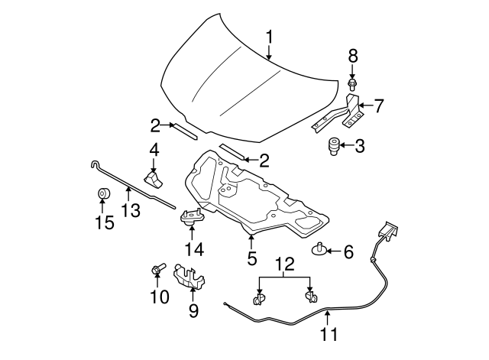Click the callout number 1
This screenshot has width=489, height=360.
(269, 37)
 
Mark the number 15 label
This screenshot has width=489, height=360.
(103, 222)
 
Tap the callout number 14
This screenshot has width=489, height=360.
(193, 250)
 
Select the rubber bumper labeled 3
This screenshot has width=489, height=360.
(333, 145)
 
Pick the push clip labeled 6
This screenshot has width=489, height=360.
(319, 248)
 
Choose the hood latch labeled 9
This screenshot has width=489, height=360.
(189, 277)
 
